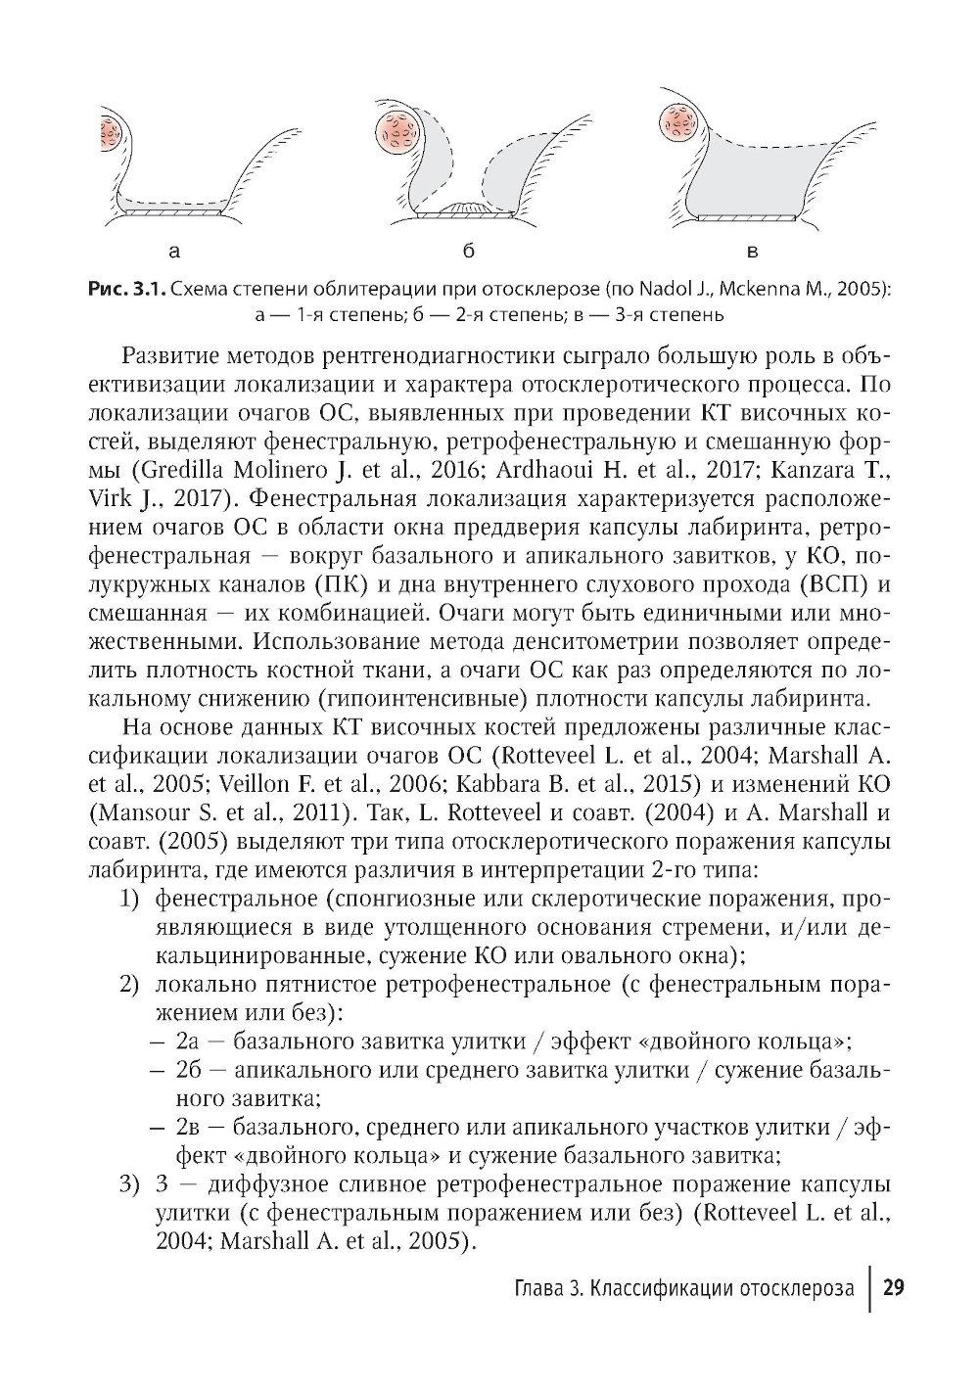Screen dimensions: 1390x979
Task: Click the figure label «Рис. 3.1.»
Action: pyautogui.click(x=126, y=290)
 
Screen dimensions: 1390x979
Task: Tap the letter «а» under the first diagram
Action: pyautogui.click(x=174, y=253)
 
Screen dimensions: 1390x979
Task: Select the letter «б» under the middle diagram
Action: pyautogui.click(x=470, y=252)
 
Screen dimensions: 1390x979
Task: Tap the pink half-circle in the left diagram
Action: pyautogui.click(x=111, y=131)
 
